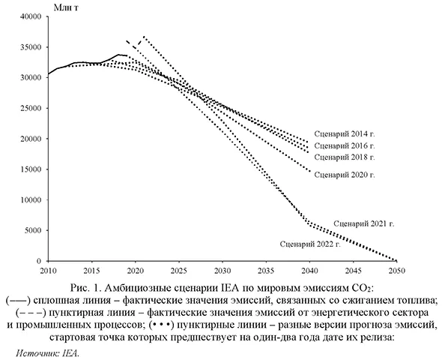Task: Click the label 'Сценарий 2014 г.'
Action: [x=345, y=133]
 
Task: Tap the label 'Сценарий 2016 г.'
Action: [x=345, y=145]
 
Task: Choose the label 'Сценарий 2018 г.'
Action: [x=345, y=157]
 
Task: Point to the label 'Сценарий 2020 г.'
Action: [x=345, y=175]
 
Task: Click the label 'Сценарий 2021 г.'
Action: [x=364, y=223]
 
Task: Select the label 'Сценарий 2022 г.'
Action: [x=310, y=244]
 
